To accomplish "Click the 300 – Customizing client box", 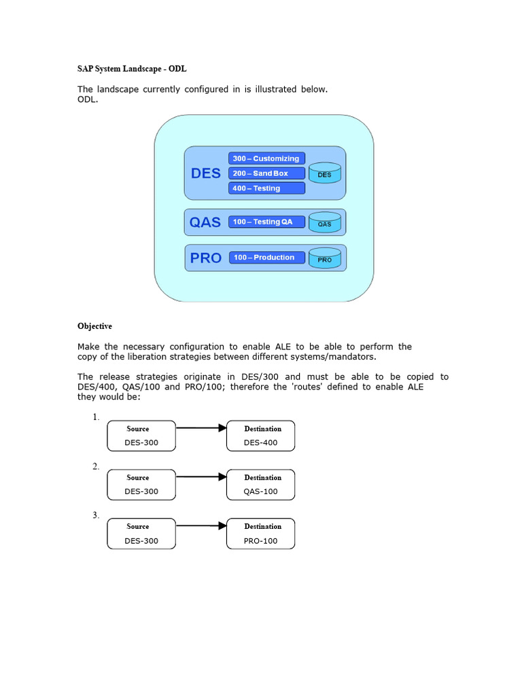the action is tap(266, 158).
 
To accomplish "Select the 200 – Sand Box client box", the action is tap(266, 173).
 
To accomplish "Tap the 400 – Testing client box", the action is tap(266, 188).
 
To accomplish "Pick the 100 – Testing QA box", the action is tap(266, 222).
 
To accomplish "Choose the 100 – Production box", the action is tap(267, 258).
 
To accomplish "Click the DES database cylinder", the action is tap(325, 173).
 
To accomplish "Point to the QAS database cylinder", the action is tap(325, 222).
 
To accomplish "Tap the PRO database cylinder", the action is tap(325, 258).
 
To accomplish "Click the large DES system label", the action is tap(205, 173).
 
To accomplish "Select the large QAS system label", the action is tap(205, 222).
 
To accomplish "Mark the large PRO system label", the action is tap(205, 258).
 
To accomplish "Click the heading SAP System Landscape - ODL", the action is tap(132, 69).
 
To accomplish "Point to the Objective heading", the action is tap(94, 326).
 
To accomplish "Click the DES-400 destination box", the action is tap(260, 436).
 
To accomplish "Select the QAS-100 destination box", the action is tap(260, 485).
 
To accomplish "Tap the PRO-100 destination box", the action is tap(260, 534).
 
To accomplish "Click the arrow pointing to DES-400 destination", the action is tap(201, 428).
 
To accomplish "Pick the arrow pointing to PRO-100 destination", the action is tap(201, 525).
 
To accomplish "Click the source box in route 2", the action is tap(141, 485).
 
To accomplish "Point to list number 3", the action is tap(96, 515).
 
